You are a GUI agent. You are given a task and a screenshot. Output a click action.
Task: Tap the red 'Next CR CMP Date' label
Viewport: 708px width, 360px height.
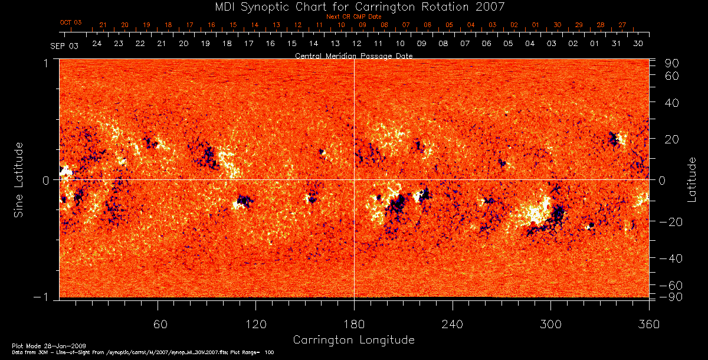(x=354, y=17)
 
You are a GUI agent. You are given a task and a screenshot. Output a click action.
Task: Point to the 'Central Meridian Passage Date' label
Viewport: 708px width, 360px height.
(x=353, y=55)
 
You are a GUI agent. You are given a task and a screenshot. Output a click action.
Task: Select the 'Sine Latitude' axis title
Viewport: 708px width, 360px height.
(x=19, y=179)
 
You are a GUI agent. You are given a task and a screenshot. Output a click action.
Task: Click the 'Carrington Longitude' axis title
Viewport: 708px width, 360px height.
(x=353, y=340)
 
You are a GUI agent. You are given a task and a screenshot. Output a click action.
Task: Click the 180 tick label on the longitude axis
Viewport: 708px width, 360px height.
(x=354, y=324)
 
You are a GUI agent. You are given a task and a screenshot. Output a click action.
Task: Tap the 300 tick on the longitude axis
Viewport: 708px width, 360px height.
(x=550, y=324)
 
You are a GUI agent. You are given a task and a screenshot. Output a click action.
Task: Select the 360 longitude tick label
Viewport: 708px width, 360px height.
(x=648, y=324)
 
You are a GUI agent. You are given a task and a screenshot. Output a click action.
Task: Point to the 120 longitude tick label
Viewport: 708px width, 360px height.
(x=255, y=324)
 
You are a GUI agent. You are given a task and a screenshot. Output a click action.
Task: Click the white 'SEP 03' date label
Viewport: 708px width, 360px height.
(x=64, y=45)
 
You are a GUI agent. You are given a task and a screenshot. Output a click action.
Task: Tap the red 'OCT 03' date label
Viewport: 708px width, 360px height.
(x=71, y=22)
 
